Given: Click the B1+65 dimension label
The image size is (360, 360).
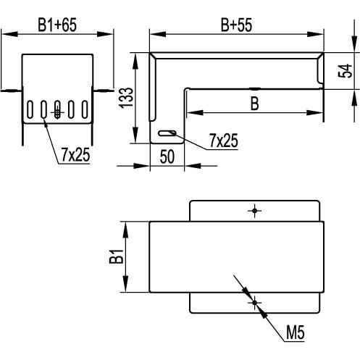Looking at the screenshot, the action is pyautogui.click(x=57, y=25).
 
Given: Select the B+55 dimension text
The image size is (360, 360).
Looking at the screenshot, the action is pyautogui.click(x=236, y=25).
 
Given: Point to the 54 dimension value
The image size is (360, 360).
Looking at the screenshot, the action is pyautogui.click(x=345, y=71).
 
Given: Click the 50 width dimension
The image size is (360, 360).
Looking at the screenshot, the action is pyautogui.click(x=167, y=156).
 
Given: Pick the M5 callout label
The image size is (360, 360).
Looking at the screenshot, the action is pyautogui.click(x=296, y=332).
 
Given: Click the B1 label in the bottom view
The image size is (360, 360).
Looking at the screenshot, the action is pyautogui.click(x=117, y=256).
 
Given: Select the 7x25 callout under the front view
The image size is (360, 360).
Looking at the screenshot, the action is pyautogui.click(x=75, y=155).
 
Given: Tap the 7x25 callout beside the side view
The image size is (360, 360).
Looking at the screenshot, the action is pyautogui.click(x=224, y=141).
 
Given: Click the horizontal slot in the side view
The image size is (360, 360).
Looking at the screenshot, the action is pyautogui.click(x=167, y=133).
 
